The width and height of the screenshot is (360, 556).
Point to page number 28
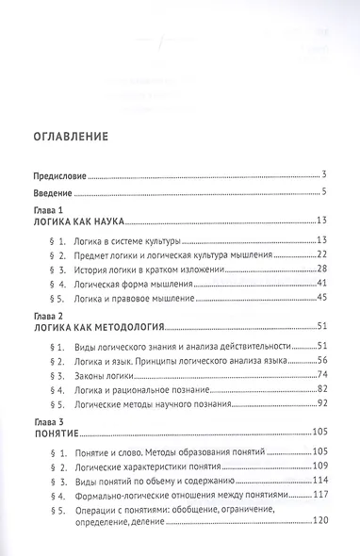tap(320, 270)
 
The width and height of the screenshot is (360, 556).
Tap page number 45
tap(320, 300)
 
